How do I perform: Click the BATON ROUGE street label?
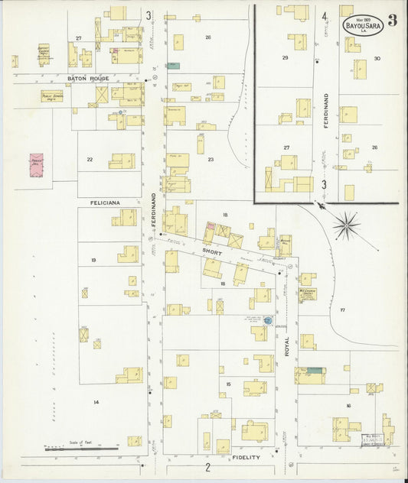[x=89, y=79]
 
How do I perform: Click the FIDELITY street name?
[x=244, y=458]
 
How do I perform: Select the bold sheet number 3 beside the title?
[x=392, y=21]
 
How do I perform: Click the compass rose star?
[x=346, y=225]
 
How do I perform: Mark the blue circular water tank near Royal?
[x=268, y=320]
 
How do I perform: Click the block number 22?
[x=90, y=160]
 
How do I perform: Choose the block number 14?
[x=96, y=402]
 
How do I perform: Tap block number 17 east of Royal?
[x=343, y=310]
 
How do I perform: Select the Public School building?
[x=52, y=96]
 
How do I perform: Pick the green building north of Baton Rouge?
[x=174, y=66]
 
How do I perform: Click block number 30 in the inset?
[x=377, y=59]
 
